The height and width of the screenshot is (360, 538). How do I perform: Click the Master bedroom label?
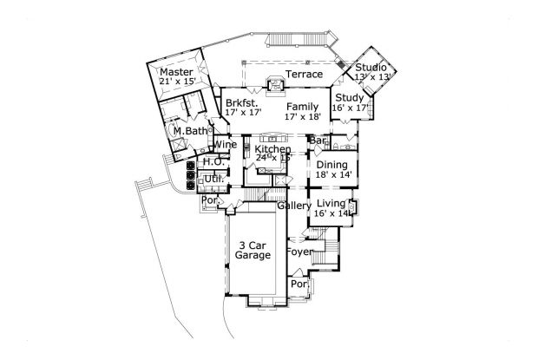[x=176, y=72]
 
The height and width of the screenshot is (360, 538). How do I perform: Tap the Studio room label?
[x=371, y=68]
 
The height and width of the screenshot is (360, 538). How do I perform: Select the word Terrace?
[x=305, y=75]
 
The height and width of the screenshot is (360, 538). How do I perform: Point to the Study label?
[x=350, y=97]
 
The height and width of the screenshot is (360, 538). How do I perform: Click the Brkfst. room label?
[x=239, y=103]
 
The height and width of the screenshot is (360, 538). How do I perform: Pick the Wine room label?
[x=215, y=144]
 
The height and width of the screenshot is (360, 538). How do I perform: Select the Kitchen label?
[x=272, y=149]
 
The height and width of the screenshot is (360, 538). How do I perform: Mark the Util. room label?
[x=213, y=179]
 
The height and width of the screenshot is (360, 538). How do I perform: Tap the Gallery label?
[x=293, y=206]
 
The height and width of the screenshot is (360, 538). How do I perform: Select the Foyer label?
[x=300, y=253]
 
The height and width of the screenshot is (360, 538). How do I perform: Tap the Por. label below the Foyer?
[x=299, y=284]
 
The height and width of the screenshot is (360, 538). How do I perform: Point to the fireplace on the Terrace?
[x=274, y=84]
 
